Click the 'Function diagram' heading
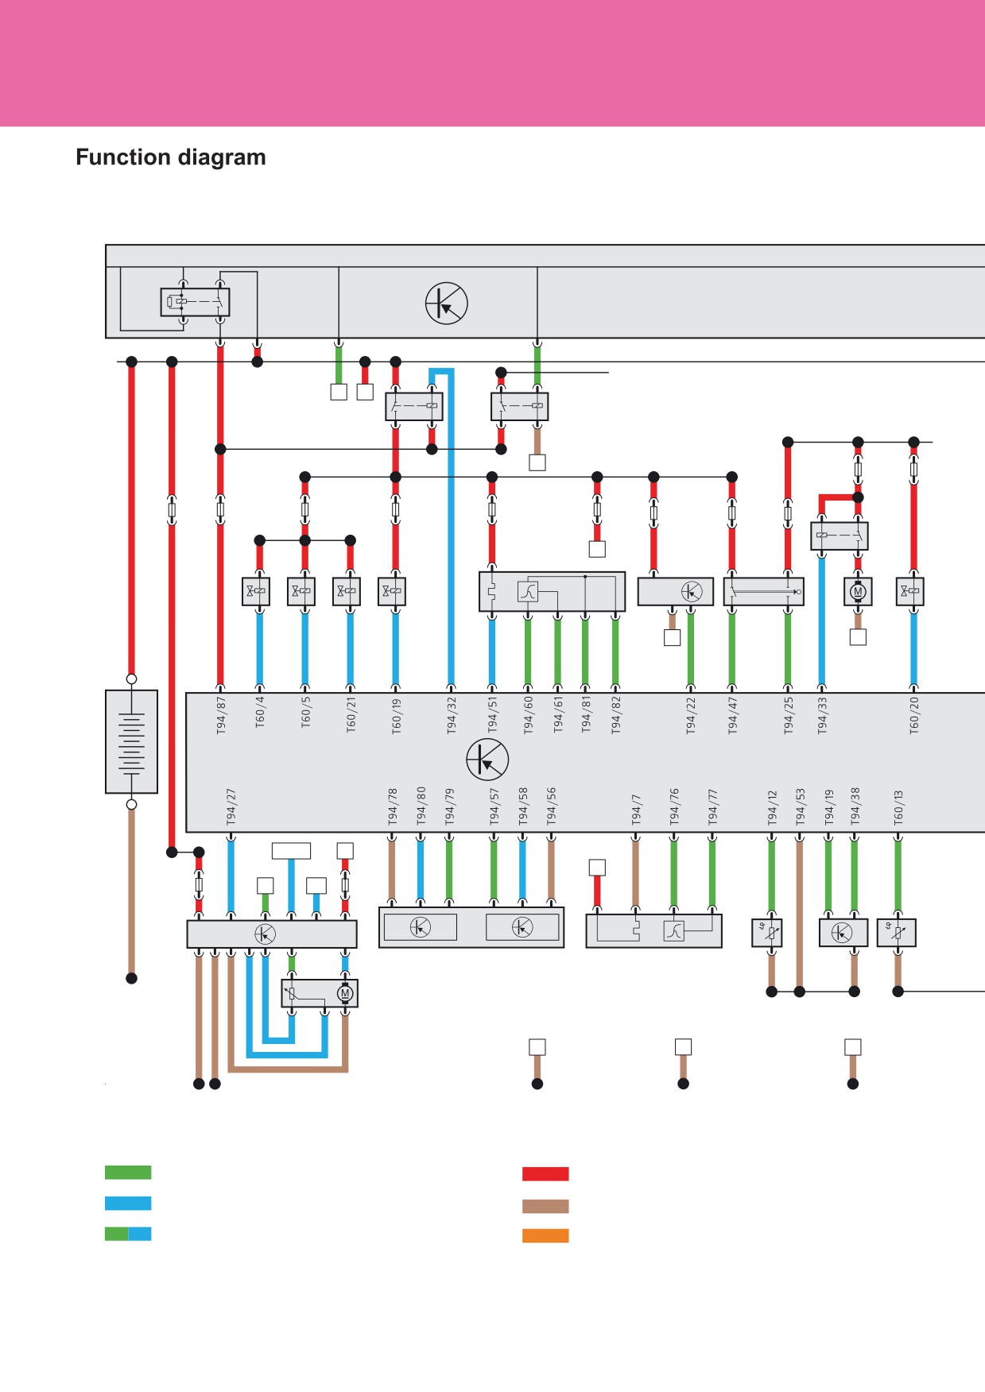tap(171, 157)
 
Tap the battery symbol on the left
tap(131, 741)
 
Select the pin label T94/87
tap(221, 716)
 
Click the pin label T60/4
tap(260, 712)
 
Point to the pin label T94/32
tap(452, 716)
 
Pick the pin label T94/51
tap(492, 715)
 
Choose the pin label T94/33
tap(822, 716)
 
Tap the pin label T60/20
tap(914, 715)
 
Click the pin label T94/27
tap(231, 806)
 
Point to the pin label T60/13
tap(898, 807)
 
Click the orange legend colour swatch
tap(545, 1235)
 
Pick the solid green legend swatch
tap(128, 1172)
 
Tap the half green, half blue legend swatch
tap(128, 1234)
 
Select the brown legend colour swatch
tap(545, 1206)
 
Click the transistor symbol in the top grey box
tap(446, 303)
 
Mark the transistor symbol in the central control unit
tap(487, 759)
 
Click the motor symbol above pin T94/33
tap(858, 591)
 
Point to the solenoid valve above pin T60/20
tap(910, 591)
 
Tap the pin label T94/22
tap(691, 716)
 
